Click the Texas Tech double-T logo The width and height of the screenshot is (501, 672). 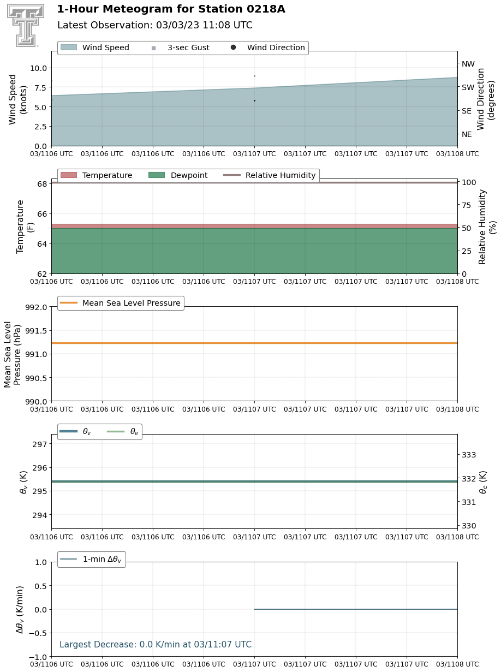pos(26,25)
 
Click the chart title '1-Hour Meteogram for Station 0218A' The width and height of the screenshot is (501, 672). pos(171,9)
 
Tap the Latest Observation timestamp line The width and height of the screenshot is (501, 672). pos(155,25)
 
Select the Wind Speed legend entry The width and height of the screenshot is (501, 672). pos(95,47)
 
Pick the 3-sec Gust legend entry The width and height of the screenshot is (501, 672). pos(181,47)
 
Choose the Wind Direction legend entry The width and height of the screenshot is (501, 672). pos(268,47)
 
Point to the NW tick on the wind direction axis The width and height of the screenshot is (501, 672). pos(468,64)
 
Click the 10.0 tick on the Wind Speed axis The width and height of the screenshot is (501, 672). pos(38,68)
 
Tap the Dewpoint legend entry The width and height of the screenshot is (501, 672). pos(178,175)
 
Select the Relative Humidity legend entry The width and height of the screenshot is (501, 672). pos(269,175)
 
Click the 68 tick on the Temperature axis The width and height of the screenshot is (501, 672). pos(42,184)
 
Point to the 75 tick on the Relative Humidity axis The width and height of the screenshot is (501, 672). pos(467,205)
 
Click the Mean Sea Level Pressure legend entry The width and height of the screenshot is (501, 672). pos(120,303)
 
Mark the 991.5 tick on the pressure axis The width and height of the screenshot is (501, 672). pos(36,331)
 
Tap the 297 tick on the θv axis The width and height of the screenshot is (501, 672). pos(39,444)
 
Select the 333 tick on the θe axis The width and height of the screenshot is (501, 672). pos(469,455)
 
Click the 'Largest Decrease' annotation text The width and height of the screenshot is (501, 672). pos(156,644)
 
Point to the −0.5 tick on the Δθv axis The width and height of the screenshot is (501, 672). pos(38,633)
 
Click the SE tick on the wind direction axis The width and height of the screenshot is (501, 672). pos(467,111)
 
